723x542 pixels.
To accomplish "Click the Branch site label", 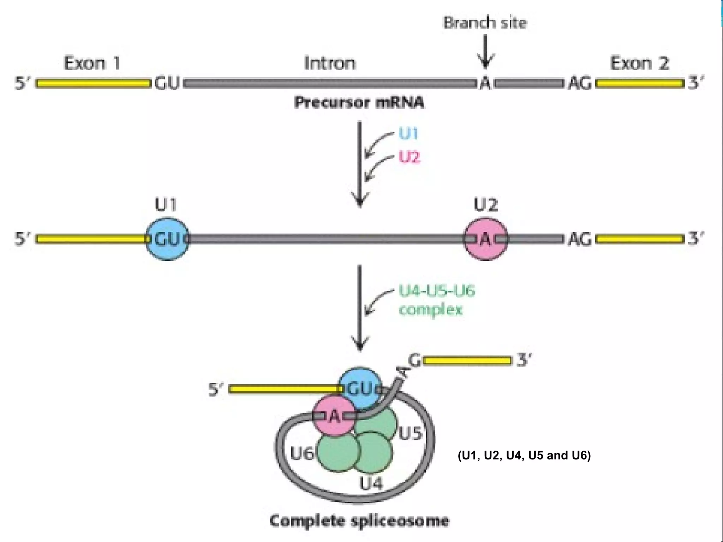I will [x=485, y=23].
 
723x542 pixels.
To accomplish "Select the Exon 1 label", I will [x=92, y=64].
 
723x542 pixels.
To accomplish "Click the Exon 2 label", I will [x=639, y=64].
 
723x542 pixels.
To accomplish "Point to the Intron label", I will [x=330, y=64].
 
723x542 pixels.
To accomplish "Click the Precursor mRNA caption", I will [x=359, y=103].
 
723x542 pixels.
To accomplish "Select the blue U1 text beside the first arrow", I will [x=408, y=134].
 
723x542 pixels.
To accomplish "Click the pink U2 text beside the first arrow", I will [x=410, y=157].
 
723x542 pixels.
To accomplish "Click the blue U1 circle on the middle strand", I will [x=167, y=239].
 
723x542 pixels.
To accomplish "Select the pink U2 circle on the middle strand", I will [x=486, y=239].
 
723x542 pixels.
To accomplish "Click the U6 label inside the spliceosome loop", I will [x=302, y=453].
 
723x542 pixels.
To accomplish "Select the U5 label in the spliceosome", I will [x=410, y=434].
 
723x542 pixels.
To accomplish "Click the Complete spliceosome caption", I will [x=359, y=521].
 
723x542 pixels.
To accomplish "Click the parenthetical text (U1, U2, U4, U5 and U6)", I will [x=524, y=456].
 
